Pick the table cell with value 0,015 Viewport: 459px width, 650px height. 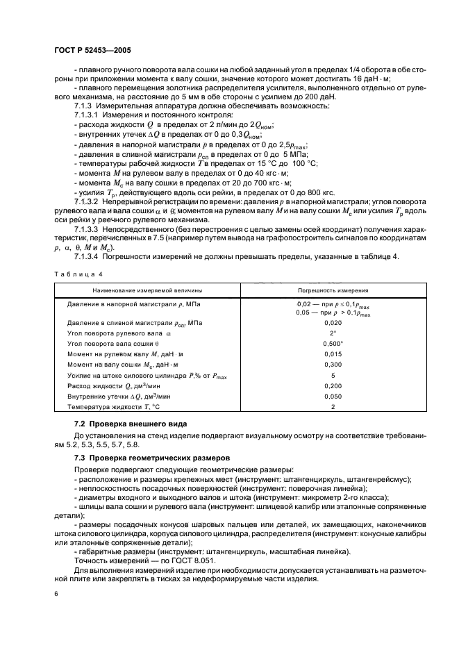pos(333,354)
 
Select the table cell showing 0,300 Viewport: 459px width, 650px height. pos(333,365)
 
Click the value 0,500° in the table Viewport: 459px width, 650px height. pos(333,344)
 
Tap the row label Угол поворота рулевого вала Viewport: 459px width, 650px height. pos(119,333)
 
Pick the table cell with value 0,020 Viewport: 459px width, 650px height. pos(333,323)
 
